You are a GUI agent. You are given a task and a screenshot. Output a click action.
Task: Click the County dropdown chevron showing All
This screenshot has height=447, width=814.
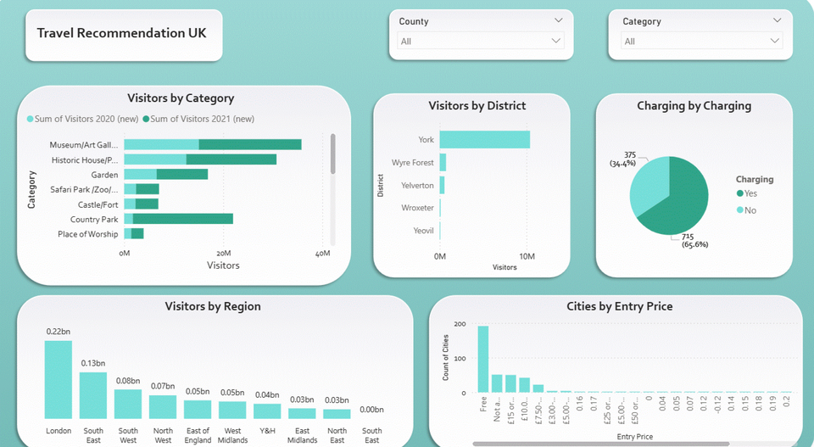[x=556, y=41]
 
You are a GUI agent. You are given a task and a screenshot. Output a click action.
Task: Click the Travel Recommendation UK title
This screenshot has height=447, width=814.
[x=122, y=33]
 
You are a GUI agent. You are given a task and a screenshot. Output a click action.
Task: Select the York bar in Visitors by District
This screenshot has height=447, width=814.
[x=484, y=139]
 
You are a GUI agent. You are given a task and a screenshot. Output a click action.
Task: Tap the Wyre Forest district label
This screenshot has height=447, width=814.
[x=412, y=162]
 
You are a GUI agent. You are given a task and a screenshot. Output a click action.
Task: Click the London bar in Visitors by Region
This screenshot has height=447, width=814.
[x=58, y=379]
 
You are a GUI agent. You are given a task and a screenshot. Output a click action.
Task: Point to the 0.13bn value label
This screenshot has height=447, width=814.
[x=93, y=364]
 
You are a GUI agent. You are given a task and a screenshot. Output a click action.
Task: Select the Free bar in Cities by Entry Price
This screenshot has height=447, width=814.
[x=483, y=360]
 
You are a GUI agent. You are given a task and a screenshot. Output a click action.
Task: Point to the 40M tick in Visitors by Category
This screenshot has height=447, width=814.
[x=322, y=254]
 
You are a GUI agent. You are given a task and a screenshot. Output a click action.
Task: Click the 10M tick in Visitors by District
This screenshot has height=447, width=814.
[x=527, y=257]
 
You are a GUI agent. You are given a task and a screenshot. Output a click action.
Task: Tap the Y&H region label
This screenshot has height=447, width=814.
[x=267, y=431]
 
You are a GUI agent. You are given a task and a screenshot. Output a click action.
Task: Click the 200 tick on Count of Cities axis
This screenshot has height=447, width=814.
[x=460, y=324]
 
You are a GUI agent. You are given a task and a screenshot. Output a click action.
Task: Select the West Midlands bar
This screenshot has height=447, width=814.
[x=232, y=410]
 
